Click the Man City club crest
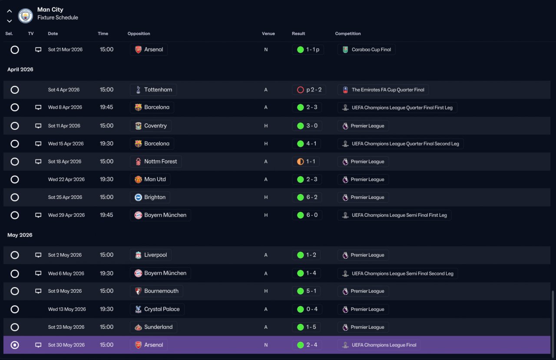pos(25,16)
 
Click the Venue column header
pos(268,33)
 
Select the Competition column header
pos(348,33)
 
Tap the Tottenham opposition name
pos(158,89)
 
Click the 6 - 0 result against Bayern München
pos(312,215)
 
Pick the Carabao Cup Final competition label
pos(371,50)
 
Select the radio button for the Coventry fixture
pos(15,126)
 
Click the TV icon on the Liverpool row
pos(38,255)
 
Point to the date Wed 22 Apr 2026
pos(66,179)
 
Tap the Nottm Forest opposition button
pos(156,162)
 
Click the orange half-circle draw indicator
pos(300,162)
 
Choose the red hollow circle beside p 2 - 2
pos(300,89)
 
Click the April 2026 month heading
pos(20,69)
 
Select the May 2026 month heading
pos(20,235)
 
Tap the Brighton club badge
pos(138,197)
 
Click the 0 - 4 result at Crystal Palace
pos(312,309)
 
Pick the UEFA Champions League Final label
pos(384,345)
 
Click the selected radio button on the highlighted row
pos(15,345)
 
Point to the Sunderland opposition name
pos(159,327)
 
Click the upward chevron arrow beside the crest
pos(10,11)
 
